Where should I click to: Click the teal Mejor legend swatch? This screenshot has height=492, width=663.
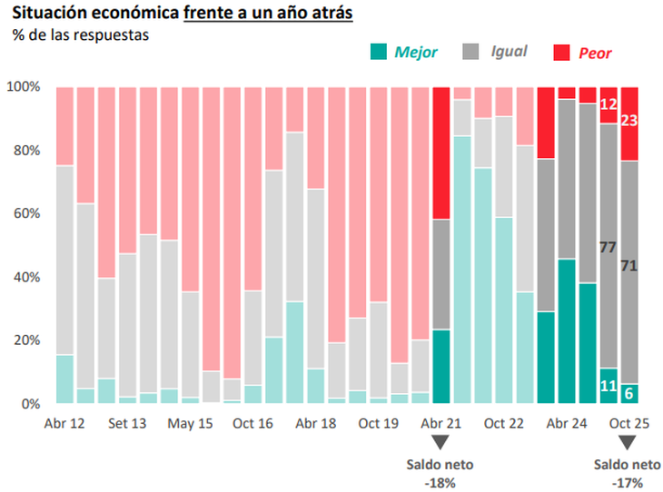click(379, 53)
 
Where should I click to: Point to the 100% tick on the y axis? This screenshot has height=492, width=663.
click(24, 87)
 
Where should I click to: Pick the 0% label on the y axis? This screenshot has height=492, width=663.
click(30, 404)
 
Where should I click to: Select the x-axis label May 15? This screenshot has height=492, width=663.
click(191, 423)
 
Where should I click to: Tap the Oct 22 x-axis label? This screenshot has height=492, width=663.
click(504, 423)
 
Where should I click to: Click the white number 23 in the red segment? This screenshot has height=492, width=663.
click(629, 120)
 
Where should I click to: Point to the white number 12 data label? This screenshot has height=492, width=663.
click(609, 104)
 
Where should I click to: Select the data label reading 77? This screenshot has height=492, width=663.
click(609, 246)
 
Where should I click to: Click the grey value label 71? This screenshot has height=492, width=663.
click(629, 265)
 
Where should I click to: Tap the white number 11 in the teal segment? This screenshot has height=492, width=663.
click(609, 385)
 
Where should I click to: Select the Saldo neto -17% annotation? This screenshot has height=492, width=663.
click(626, 472)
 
